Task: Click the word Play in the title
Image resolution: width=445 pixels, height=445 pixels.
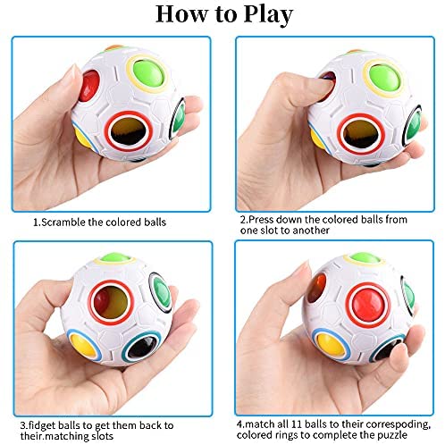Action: pos(268,15)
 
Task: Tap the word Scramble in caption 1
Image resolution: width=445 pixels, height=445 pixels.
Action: pos(63,222)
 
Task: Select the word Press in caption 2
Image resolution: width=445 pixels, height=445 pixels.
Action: pos(261,220)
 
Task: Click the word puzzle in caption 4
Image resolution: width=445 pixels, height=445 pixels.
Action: pos(393,435)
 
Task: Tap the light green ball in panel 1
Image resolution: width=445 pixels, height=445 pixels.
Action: pos(147,73)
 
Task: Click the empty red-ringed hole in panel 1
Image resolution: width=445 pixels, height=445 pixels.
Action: pos(129,131)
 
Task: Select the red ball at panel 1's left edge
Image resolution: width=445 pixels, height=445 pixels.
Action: pos(88,86)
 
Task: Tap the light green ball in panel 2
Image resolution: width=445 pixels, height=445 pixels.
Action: pos(384,77)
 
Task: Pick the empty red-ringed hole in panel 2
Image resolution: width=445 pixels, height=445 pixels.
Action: pos(361,134)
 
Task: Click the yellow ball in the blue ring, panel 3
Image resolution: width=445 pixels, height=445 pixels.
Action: pos(84,345)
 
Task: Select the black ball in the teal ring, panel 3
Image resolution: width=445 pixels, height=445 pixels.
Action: pos(142,348)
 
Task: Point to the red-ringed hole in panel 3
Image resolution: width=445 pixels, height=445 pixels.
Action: pos(111,302)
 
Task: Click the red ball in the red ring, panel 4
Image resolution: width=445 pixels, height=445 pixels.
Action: pos(368,306)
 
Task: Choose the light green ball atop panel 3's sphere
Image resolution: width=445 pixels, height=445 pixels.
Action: pos(115,257)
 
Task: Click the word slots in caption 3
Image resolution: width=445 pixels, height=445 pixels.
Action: pos(102,436)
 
